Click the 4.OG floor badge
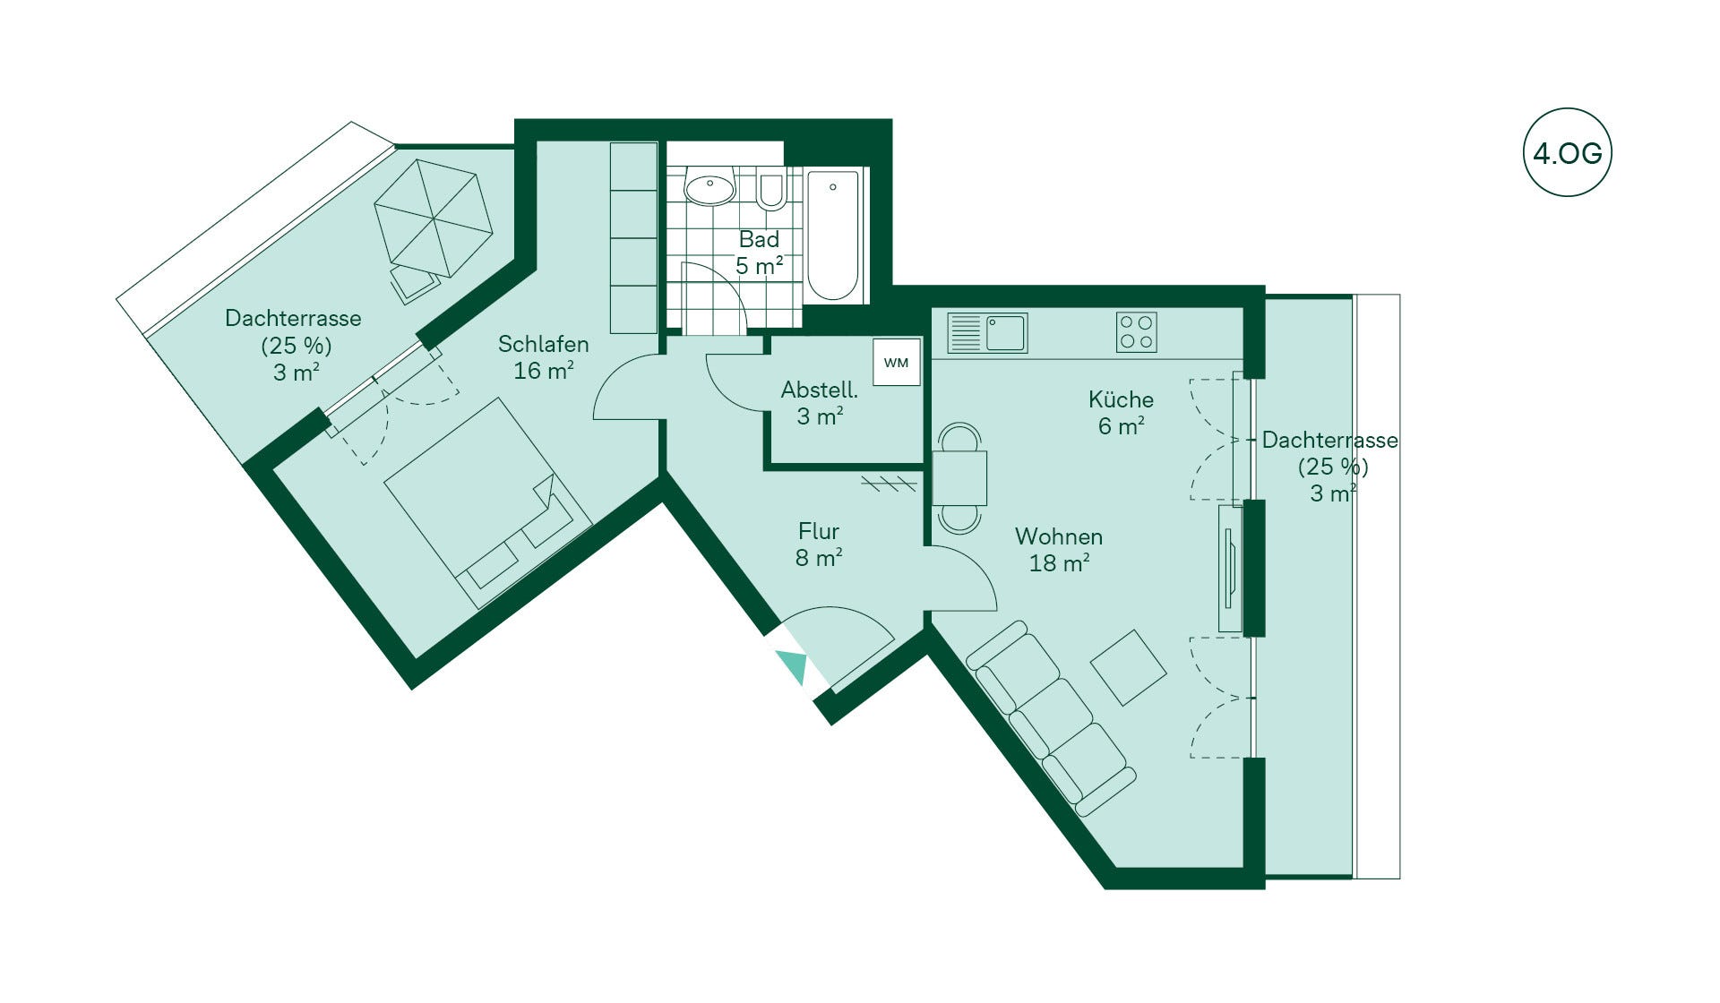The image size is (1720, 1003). click(1567, 153)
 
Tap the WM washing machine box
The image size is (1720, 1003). click(897, 362)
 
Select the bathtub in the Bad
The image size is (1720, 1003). click(833, 236)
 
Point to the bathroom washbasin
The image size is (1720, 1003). click(709, 187)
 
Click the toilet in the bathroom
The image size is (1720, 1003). click(771, 189)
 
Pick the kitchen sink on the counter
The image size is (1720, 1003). click(987, 332)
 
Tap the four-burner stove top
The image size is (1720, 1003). click(1137, 332)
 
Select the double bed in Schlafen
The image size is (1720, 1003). click(488, 503)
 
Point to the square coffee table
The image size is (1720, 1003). click(1129, 667)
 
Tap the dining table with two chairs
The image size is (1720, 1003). click(959, 478)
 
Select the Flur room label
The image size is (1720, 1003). click(819, 531)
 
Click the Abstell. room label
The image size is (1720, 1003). click(820, 390)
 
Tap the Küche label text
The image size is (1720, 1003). click(1121, 399)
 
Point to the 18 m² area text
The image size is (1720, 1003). click(1059, 563)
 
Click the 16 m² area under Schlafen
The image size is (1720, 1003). click(544, 371)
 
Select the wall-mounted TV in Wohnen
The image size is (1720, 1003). click(1230, 569)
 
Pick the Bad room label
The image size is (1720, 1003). click(759, 239)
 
